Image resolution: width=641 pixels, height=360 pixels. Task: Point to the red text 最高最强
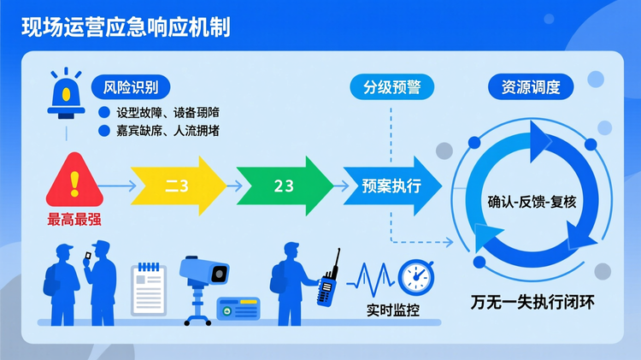(x=74, y=219)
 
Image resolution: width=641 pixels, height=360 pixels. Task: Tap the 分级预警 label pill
(x=391, y=86)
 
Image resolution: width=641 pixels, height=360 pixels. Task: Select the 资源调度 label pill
(x=530, y=86)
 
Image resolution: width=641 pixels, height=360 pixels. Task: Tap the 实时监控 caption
(x=392, y=310)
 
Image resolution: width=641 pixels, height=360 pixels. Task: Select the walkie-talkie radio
(x=327, y=282)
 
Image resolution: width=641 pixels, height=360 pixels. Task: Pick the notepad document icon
(x=149, y=288)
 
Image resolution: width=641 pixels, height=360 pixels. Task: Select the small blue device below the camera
(x=238, y=310)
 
